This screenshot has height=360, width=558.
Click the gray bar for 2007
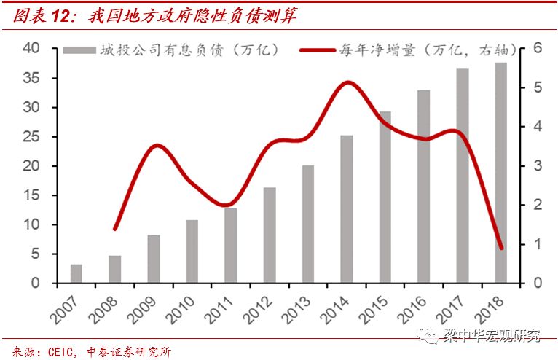pyautogui.click(x=76, y=273)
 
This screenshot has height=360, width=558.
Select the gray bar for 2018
pyautogui.click(x=501, y=173)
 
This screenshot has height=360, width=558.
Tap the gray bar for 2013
pyautogui.click(x=308, y=224)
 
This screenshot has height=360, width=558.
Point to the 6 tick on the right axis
pyautogui.click(x=537, y=49)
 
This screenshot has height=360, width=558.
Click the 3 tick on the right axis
pyautogui.click(x=537, y=166)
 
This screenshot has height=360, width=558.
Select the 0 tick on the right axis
pyautogui.click(x=537, y=283)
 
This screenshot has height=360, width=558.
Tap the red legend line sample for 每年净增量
pyautogui.click(x=319, y=50)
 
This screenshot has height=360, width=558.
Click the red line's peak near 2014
pyautogui.click(x=347, y=82)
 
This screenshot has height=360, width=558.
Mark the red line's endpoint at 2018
pyautogui.click(x=501, y=248)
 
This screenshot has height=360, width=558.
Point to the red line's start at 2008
pyautogui.click(x=115, y=229)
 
